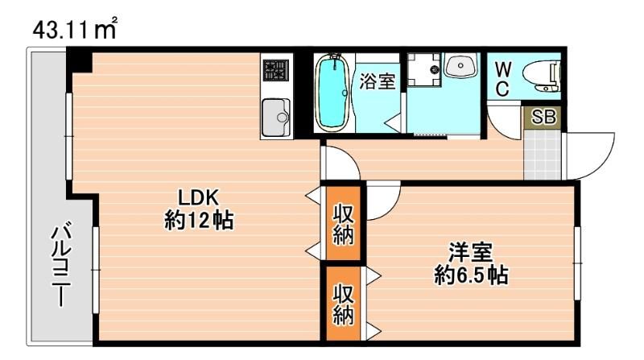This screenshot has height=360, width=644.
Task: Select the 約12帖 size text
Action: click(199, 220)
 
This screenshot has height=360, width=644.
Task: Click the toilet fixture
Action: click(539, 76)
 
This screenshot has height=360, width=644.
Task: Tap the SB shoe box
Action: click(544, 117)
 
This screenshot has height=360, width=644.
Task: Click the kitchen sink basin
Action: click(276, 118)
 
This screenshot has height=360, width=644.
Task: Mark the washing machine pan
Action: click(423, 70)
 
